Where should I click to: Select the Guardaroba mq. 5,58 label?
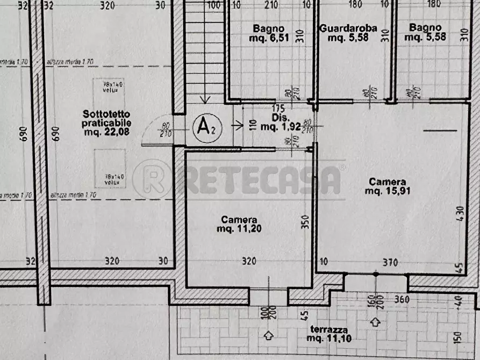[x=348, y=33]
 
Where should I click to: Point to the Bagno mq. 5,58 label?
[x=425, y=33]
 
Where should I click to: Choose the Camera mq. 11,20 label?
[x=239, y=224]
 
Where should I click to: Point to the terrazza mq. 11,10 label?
[x=328, y=334]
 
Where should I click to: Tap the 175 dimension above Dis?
[x=278, y=107]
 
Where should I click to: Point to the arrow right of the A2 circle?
[x=238, y=127]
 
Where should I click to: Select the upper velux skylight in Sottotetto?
[x=109, y=95]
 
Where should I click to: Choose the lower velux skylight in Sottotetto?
[x=110, y=169]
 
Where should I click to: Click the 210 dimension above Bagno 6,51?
[x=271, y=6]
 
